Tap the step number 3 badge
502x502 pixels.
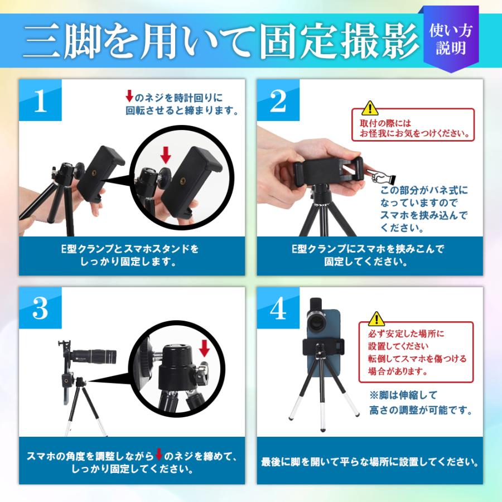point(40,308)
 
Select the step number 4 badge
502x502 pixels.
point(278,308)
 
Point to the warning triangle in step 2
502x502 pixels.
point(369,108)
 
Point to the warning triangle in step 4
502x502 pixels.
point(376,318)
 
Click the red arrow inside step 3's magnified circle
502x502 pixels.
point(204,348)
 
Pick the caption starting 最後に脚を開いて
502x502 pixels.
point(370,462)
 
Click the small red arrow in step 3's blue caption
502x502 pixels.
point(158,454)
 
